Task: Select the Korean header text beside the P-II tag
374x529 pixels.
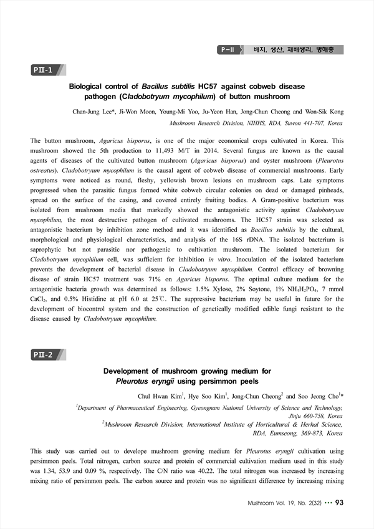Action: coord(294,49)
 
